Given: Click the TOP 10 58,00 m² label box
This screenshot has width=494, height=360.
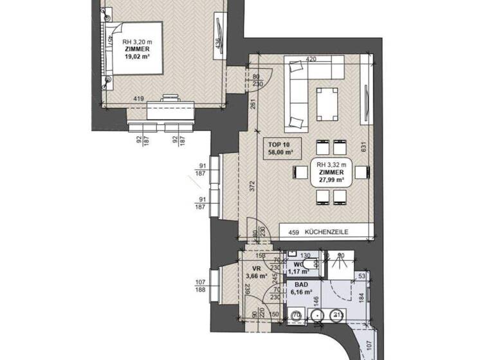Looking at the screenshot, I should (280, 149).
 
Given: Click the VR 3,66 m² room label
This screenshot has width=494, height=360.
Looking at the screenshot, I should (255, 273).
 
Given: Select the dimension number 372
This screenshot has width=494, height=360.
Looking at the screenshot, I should (253, 186).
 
